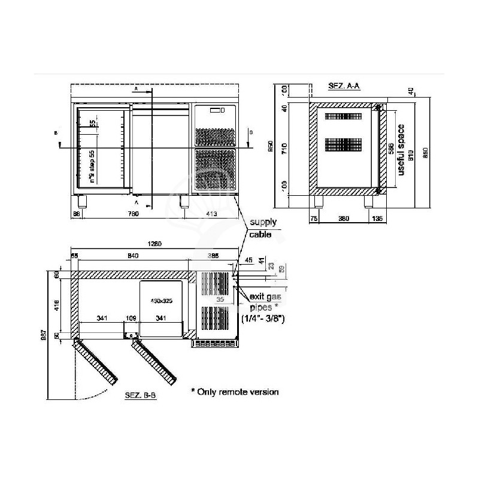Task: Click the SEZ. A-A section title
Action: point(344,86)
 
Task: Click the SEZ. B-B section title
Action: point(141,396)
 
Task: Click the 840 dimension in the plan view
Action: point(133,256)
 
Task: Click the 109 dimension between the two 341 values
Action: point(130,318)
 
